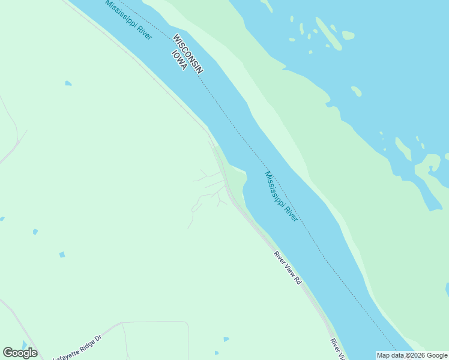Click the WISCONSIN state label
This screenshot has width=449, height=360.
pyautogui.click(x=188, y=54)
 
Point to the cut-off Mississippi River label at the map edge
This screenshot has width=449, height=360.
pyautogui.click(x=128, y=20)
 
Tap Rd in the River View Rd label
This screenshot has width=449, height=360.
pyautogui.click(x=297, y=280)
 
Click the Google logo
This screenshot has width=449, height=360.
pyautogui.click(x=20, y=353)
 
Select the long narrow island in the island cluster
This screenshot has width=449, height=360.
pyautogui.click(x=328, y=33)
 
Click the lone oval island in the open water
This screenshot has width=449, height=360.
pyautogui.click(x=357, y=91)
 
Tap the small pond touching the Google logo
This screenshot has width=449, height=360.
pyautogui.click(x=24, y=344)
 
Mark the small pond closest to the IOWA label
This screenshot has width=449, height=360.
pyautogui.click(x=68, y=83)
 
